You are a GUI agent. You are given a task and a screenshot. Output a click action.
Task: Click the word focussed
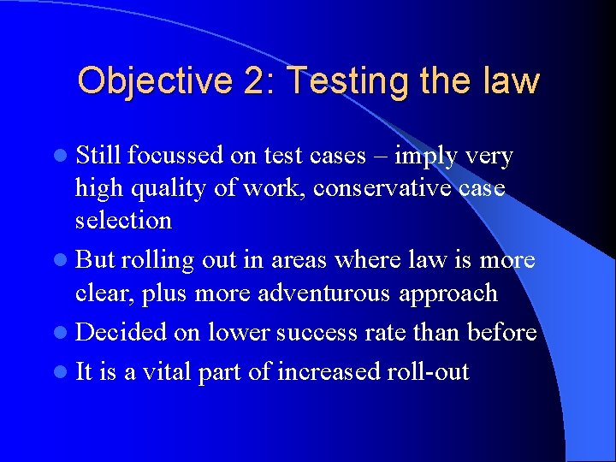(x=177, y=156)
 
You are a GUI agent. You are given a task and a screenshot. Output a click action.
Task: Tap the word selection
(x=123, y=220)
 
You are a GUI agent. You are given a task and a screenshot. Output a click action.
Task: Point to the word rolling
(x=154, y=260)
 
